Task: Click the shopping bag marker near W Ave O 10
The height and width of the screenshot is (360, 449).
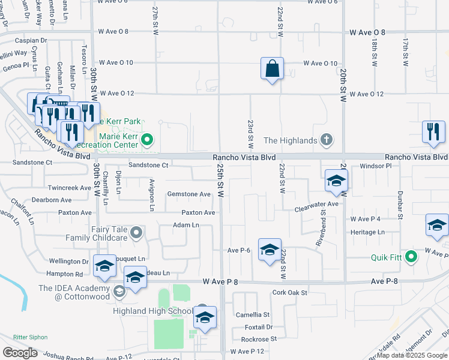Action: pos(272,68)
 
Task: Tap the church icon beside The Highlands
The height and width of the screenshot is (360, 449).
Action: pos(326,140)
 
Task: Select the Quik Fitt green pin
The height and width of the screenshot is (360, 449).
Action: pos(411,257)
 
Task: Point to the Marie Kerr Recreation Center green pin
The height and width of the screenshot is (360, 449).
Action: pos(148,142)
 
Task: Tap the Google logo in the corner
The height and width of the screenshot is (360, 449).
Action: pos(19,353)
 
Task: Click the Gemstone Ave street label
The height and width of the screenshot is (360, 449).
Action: pos(189,194)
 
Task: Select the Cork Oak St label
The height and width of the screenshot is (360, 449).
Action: pos(289,293)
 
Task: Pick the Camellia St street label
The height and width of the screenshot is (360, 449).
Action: pos(253,314)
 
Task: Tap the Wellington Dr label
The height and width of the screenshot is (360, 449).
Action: pos(68,262)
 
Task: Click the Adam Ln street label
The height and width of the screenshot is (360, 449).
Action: pos(185,225)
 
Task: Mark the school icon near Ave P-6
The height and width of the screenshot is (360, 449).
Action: pos(270,249)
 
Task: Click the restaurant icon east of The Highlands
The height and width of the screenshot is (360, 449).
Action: pos(433,131)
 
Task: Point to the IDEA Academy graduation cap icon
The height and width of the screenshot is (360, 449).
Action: pos(118,292)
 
